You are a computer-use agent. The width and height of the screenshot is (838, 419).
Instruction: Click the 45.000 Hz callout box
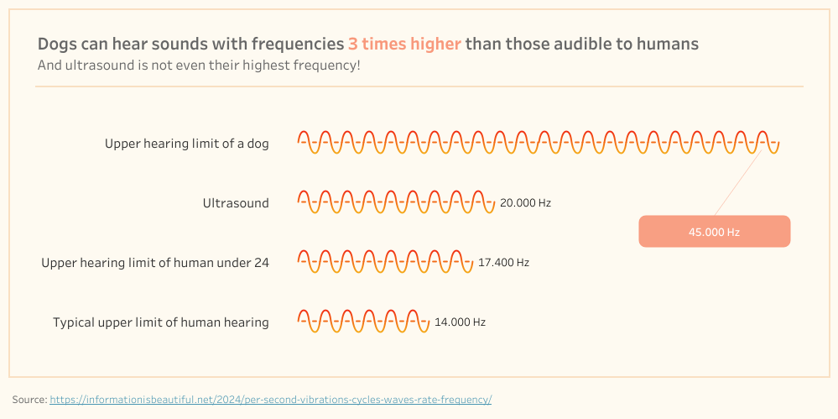coord(714,231)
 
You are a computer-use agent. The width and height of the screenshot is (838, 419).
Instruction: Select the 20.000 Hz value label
coord(525,203)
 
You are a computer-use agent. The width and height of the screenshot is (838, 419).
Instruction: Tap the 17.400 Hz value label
coord(503,263)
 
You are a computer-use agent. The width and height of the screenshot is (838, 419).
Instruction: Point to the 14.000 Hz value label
coord(461,322)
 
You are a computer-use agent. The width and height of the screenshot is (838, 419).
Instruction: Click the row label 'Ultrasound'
coord(236,203)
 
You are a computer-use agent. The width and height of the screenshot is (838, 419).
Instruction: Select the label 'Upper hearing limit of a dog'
coord(187,144)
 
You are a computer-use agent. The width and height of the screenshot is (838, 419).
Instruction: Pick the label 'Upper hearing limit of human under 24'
coord(155,263)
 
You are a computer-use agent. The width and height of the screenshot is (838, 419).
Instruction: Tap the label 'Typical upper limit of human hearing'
coord(161,322)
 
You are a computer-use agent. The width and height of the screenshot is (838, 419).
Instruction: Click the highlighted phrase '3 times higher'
coord(404,44)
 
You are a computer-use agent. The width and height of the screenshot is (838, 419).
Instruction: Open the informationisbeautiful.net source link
coord(270,399)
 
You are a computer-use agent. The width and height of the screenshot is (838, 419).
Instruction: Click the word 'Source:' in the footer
coord(30,399)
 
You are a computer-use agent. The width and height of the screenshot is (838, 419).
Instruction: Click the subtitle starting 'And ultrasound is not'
coord(199,66)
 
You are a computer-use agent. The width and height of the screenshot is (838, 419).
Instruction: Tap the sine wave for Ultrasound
coord(396,202)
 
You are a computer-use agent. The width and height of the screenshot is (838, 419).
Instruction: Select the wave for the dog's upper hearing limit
coord(539,143)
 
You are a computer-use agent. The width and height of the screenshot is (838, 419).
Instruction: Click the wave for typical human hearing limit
coord(363,321)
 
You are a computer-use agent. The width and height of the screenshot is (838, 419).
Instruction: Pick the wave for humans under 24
coord(385,262)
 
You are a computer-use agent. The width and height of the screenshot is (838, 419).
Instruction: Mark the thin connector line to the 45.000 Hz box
coord(738,182)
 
